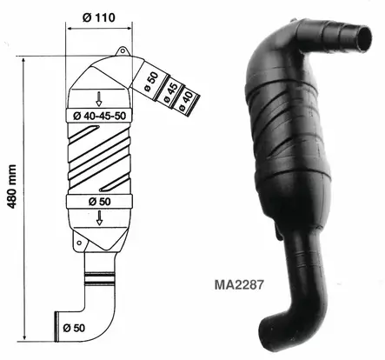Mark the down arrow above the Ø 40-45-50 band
coord(98,97)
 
